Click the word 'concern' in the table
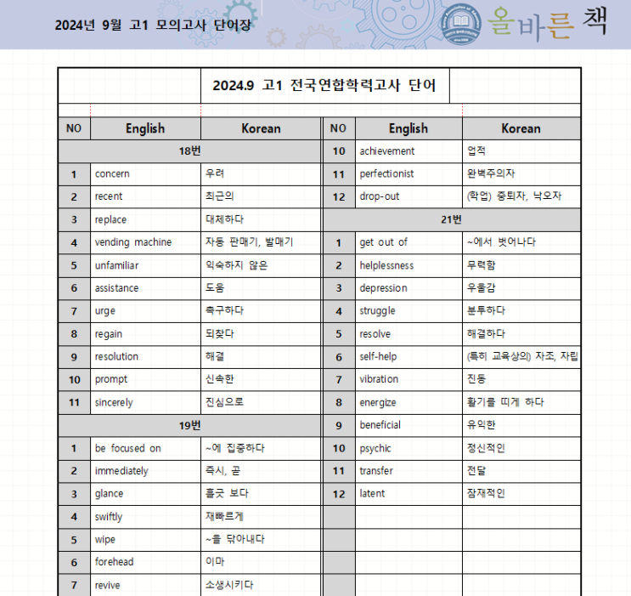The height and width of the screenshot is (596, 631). pos(112,174)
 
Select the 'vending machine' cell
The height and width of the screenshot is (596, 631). pos(132,242)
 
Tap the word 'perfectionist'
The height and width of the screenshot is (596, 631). pos(386,174)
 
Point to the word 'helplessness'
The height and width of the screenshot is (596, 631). pos(386,265)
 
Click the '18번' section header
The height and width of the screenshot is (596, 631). pos(190,151)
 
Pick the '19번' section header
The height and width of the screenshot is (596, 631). pos(190,425)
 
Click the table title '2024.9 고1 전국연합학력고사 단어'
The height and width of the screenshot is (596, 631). pos(324,86)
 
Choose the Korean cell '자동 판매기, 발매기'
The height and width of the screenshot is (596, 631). pos(249,242)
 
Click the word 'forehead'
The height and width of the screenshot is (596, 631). pos(114,562)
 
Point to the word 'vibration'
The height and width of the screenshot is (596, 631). pos(379,379)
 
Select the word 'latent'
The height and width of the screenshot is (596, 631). pos(372,493)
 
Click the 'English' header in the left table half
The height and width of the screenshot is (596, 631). pos(145,128)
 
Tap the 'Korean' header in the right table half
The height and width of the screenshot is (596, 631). pos(521,128)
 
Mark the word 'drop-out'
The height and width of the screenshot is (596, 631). pos(379,196)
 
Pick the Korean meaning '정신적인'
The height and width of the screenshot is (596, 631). pos(486,448)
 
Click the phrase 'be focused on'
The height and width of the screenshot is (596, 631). pos(127,448)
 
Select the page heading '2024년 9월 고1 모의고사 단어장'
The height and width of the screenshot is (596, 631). pos(153,25)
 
